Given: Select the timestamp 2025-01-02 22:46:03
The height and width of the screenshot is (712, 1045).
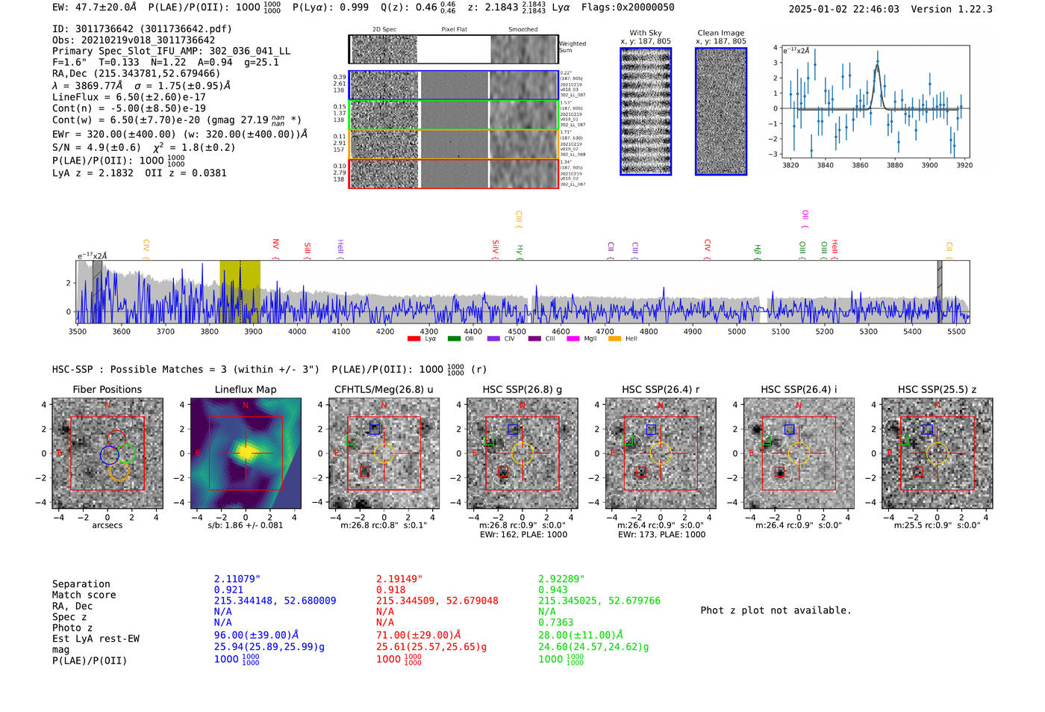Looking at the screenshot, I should coord(843,9).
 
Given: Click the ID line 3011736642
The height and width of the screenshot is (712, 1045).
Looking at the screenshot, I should coord(142,29).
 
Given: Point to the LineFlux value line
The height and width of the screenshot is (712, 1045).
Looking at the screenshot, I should coord(128,97).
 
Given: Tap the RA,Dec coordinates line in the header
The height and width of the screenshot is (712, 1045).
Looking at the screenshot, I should coord(136,74).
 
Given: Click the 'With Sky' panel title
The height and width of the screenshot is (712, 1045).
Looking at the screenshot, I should coord(645,33).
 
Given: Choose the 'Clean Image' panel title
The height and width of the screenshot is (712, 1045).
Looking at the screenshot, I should coord(720,33).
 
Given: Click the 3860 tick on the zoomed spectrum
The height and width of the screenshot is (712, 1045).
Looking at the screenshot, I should coord(860,165).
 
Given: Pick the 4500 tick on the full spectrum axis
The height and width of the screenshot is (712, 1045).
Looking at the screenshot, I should coord(517,331).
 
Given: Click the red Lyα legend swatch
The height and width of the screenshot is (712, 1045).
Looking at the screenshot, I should coord(414,338).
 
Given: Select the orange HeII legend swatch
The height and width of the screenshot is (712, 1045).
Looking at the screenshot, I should coord(614,338).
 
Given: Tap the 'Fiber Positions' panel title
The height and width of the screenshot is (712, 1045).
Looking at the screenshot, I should coord(107,389).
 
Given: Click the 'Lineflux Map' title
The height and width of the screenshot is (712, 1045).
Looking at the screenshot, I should coord(246,389).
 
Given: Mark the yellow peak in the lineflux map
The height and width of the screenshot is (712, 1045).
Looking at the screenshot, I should coord(246,451).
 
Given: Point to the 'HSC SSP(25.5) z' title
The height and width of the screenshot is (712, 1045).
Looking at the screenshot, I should coord(937,389).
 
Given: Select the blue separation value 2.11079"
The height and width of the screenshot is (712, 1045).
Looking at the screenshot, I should coord(237,579).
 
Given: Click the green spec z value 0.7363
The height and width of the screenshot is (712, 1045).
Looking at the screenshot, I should coord(555,622).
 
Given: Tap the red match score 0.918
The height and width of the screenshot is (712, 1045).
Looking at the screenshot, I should coord(390,590).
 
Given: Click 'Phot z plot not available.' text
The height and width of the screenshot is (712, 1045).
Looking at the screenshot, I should coord(776,610).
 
